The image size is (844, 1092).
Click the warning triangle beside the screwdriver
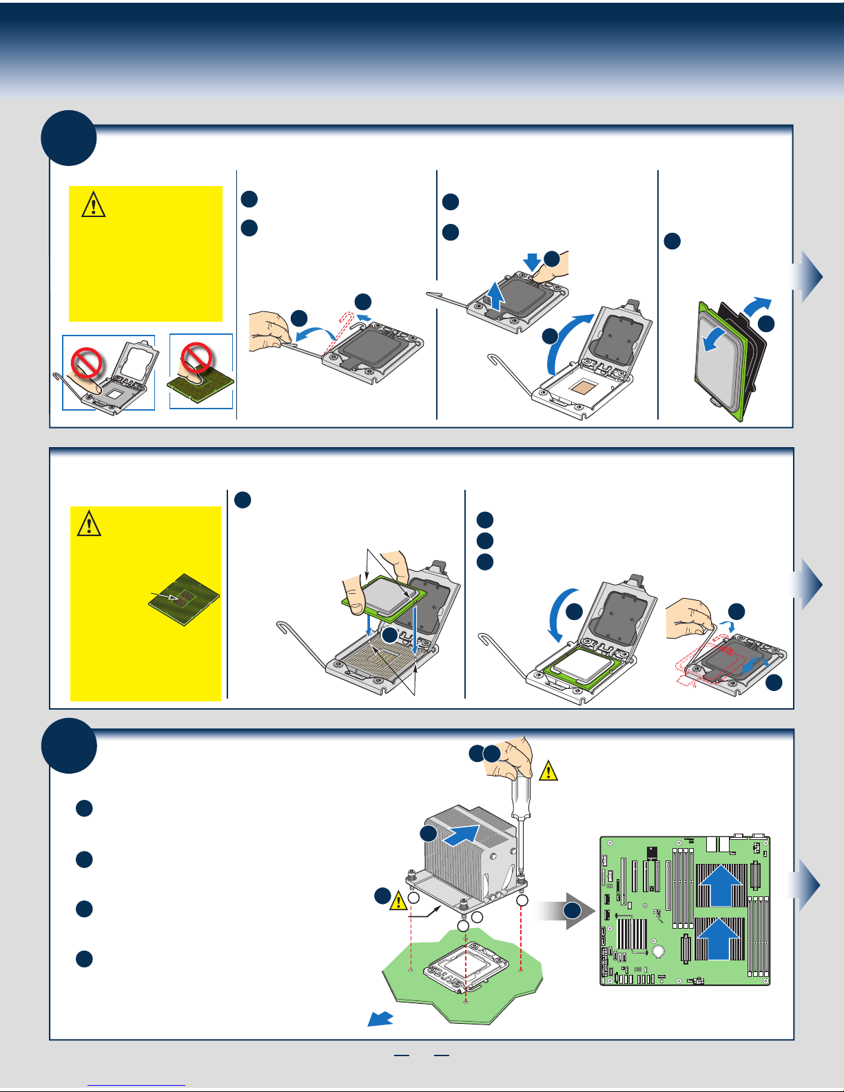548,771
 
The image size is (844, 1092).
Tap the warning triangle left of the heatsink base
398,900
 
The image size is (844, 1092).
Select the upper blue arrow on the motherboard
721,884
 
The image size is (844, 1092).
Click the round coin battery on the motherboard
659,952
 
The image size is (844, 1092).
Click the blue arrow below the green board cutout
380,1019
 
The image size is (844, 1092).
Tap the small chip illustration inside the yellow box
183,599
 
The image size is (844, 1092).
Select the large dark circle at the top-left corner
68,138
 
